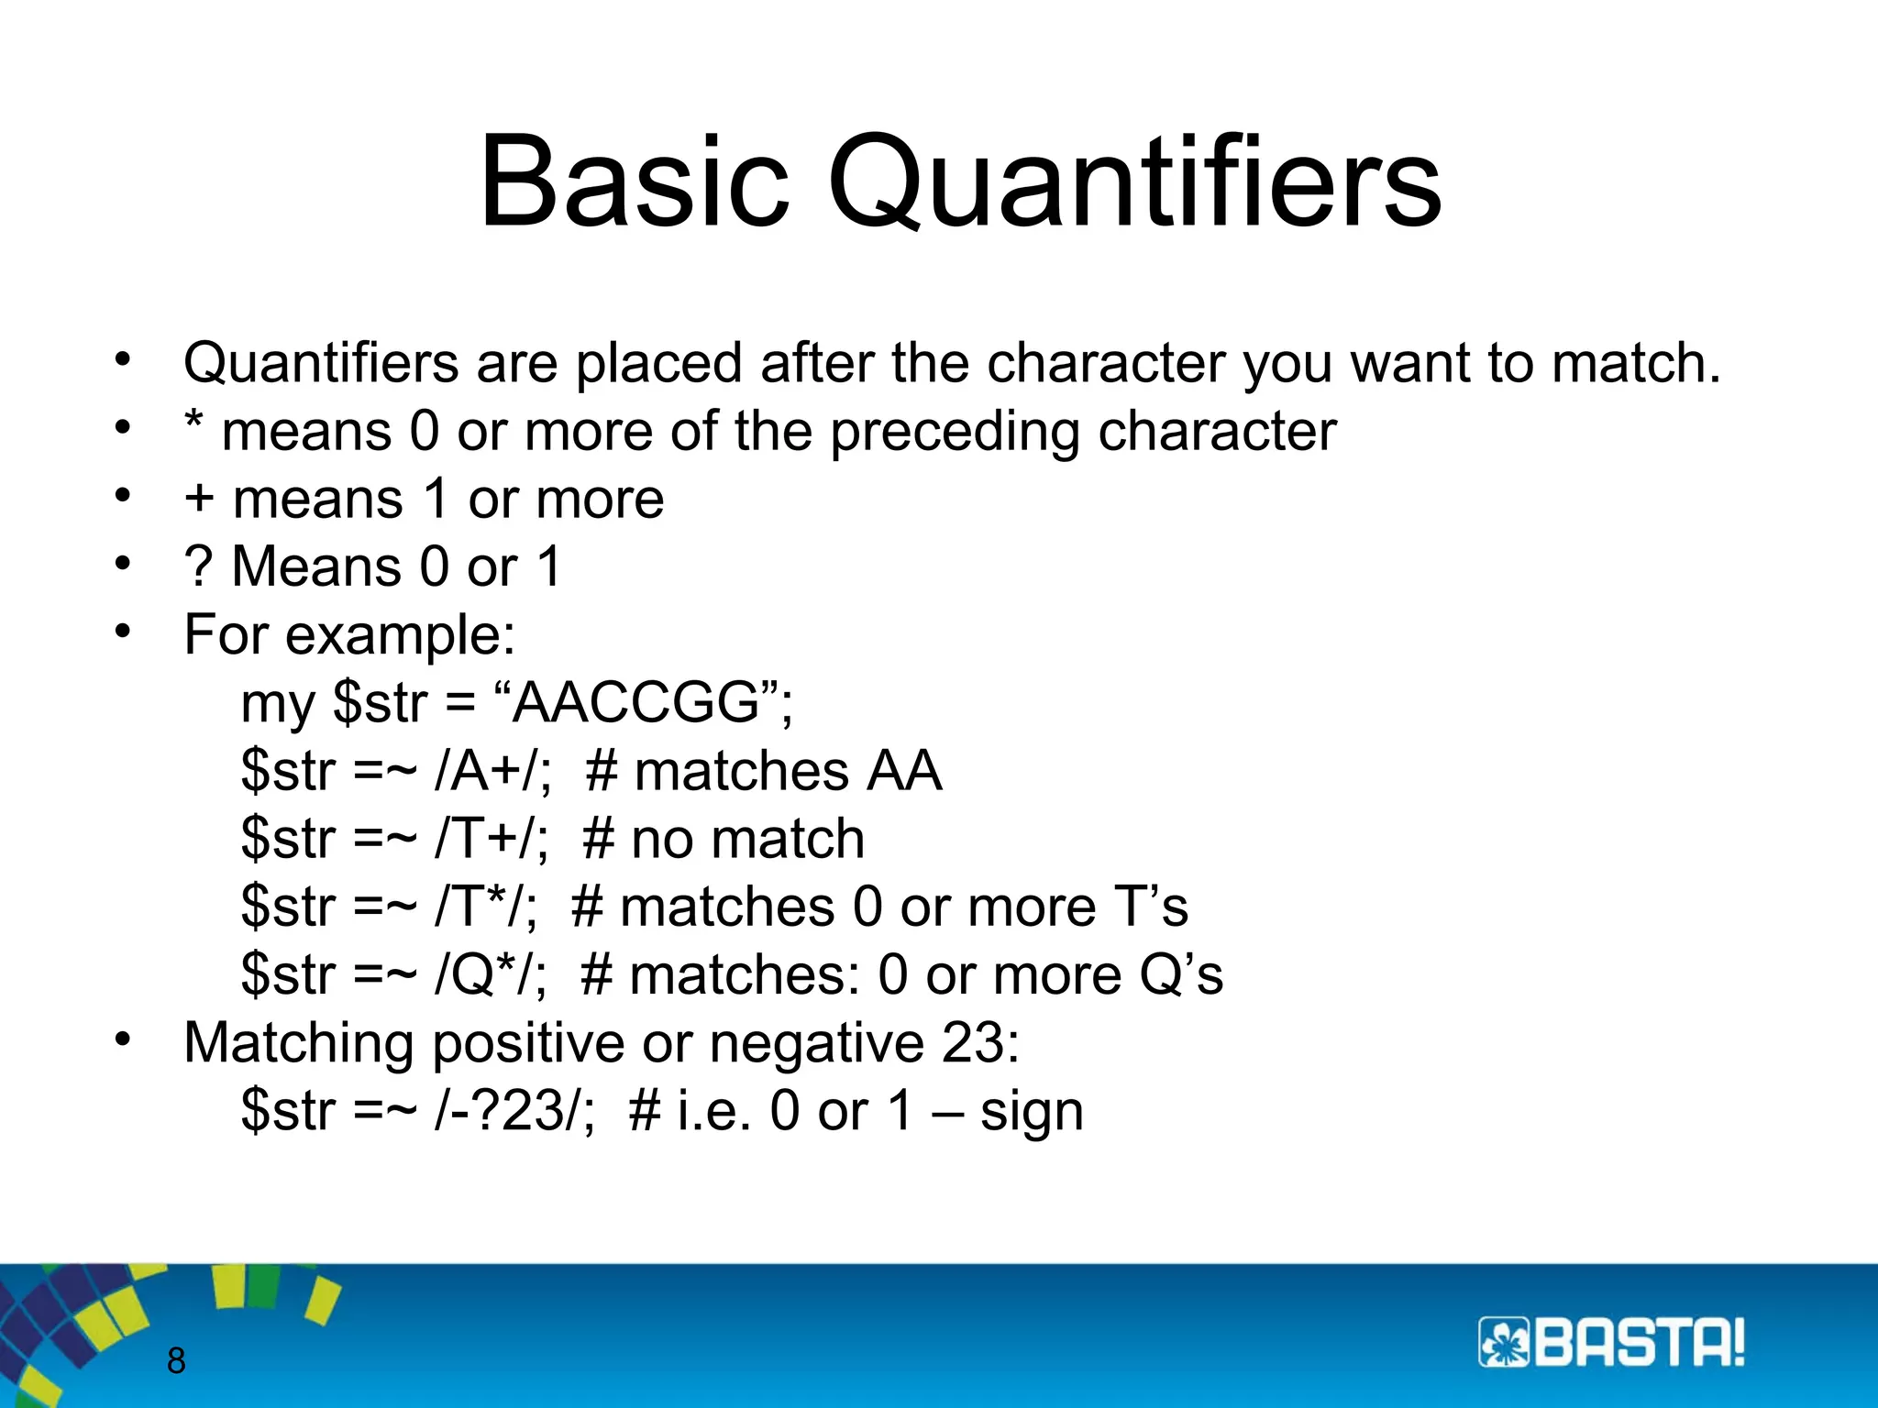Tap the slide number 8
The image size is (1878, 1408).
pyautogui.click(x=176, y=1360)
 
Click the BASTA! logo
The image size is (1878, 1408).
pyautogui.click(x=1611, y=1343)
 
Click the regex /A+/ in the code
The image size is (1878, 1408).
pyautogui.click(x=491, y=770)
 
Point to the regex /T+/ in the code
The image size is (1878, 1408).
pyautogui.click(x=489, y=838)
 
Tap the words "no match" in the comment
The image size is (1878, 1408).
pyautogui.click(x=747, y=838)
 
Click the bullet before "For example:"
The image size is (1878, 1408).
pyautogui.click(x=124, y=632)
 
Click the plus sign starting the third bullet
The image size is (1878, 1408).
pyautogui.click(x=199, y=499)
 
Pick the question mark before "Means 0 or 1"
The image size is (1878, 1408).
pyautogui.click(x=197, y=566)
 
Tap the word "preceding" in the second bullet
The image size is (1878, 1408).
pyautogui.click(x=955, y=431)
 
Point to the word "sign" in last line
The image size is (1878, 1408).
pyautogui.click(x=1032, y=1112)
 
